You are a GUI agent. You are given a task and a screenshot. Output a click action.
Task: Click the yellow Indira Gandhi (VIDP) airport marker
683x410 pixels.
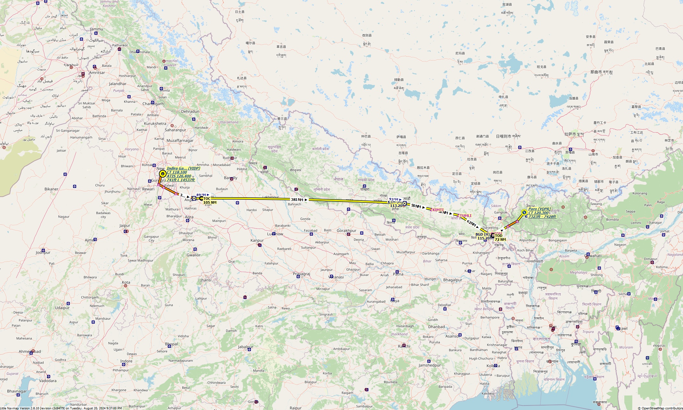click(163, 174)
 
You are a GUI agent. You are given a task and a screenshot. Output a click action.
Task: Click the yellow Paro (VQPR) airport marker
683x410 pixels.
click(524, 212)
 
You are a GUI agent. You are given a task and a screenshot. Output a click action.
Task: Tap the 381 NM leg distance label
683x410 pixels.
click(297, 200)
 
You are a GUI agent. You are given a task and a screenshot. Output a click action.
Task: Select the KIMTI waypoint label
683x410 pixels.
click(438, 210)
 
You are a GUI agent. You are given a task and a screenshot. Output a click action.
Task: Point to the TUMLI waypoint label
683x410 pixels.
click(466, 216)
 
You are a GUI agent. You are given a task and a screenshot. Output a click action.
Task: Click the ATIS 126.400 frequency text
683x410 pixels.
click(179, 176)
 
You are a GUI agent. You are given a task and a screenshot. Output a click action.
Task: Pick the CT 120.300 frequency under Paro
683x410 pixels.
click(538, 213)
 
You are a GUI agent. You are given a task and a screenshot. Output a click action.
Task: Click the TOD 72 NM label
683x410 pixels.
click(500, 238)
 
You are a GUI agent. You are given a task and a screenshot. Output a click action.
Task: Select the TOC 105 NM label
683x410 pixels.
click(209, 200)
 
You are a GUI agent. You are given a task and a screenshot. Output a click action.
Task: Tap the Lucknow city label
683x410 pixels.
click(275, 234)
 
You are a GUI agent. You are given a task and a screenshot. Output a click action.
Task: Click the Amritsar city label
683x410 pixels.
click(97, 73)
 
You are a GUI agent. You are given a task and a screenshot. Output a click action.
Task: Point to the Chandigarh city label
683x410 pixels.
click(153, 104)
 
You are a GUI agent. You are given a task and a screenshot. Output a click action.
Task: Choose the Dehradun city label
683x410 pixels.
click(190, 112)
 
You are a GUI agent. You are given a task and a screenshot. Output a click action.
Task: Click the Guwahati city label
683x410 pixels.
click(593, 256)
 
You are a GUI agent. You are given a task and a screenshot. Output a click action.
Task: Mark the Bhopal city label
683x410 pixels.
click(171, 344)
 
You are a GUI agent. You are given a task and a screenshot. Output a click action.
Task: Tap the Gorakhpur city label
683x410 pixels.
click(347, 231)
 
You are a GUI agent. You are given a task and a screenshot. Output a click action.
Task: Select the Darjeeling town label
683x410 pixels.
click(490, 228)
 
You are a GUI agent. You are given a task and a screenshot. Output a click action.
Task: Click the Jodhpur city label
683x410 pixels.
click(43, 252)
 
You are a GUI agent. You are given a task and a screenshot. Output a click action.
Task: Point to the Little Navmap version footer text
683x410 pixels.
click(61, 408)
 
